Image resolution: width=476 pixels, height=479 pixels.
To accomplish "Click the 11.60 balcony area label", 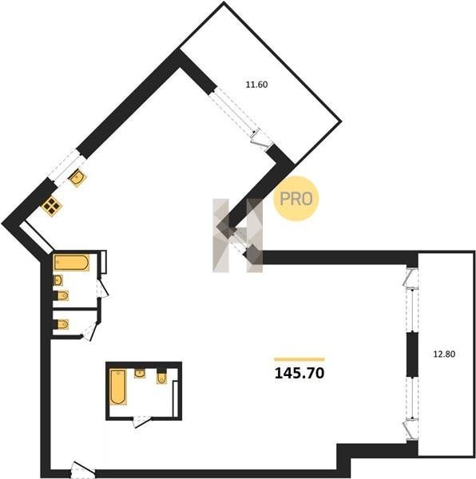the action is click(256, 85).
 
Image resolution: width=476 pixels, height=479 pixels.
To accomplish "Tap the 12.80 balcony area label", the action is click(444, 354).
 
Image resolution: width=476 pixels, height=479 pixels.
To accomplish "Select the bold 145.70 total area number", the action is click(299, 373).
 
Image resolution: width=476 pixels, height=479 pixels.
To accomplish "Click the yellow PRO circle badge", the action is click(296, 199).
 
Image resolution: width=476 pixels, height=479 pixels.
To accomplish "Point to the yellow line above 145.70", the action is click(299, 359).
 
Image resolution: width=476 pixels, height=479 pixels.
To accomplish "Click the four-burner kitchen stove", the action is click(52, 207).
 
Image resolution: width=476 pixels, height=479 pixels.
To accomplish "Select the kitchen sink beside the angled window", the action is click(77, 178).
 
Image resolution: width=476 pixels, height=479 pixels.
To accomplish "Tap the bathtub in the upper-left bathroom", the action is click(72, 263).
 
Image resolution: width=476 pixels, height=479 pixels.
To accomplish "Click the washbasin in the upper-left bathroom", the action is click(58, 280).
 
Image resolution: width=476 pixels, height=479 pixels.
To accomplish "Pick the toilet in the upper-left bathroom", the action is click(61, 295).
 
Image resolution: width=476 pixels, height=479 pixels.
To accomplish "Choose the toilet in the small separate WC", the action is click(61, 324).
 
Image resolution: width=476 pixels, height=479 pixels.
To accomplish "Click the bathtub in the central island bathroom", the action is click(118, 387).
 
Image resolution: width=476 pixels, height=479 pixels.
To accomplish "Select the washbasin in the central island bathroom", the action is click(140, 374).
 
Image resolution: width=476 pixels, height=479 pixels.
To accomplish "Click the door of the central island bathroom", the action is click(142, 422).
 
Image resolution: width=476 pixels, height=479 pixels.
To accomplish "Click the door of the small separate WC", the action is click(90, 331).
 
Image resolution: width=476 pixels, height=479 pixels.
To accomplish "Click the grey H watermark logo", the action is click(238, 236).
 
